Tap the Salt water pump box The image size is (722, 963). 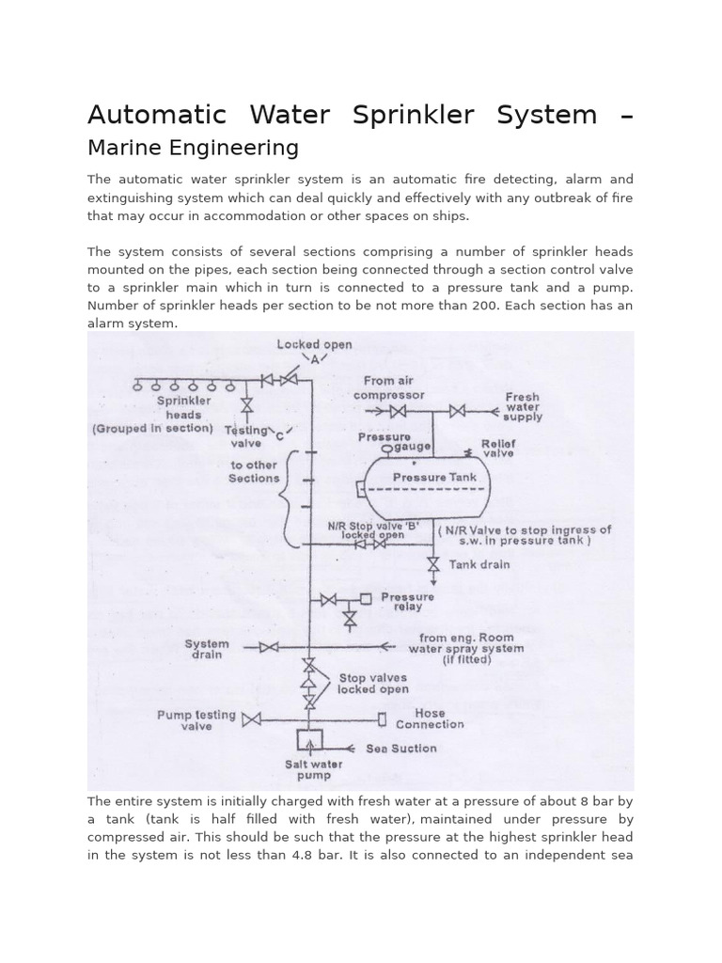[x=309, y=742]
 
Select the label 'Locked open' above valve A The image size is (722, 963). [x=314, y=344]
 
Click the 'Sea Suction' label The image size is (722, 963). [x=400, y=749]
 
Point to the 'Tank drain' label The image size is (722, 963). [x=479, y=564]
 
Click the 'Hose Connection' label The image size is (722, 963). [x=430, y=719]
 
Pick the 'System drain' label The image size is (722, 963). [x=207, y=649]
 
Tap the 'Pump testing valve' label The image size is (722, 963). [x=196, y=720]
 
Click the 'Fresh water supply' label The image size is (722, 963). [x=523, y=406]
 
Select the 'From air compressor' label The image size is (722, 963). [x=389, y=387]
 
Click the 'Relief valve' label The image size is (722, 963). [x=498, y=447]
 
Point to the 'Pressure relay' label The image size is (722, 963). [x=407, y=602]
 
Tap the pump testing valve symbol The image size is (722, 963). [x=251, y=720]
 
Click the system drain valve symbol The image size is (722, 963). [x=268, y=647]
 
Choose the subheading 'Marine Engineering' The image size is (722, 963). [x=193, y=148]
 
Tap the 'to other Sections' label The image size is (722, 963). [x=254, y=471]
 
